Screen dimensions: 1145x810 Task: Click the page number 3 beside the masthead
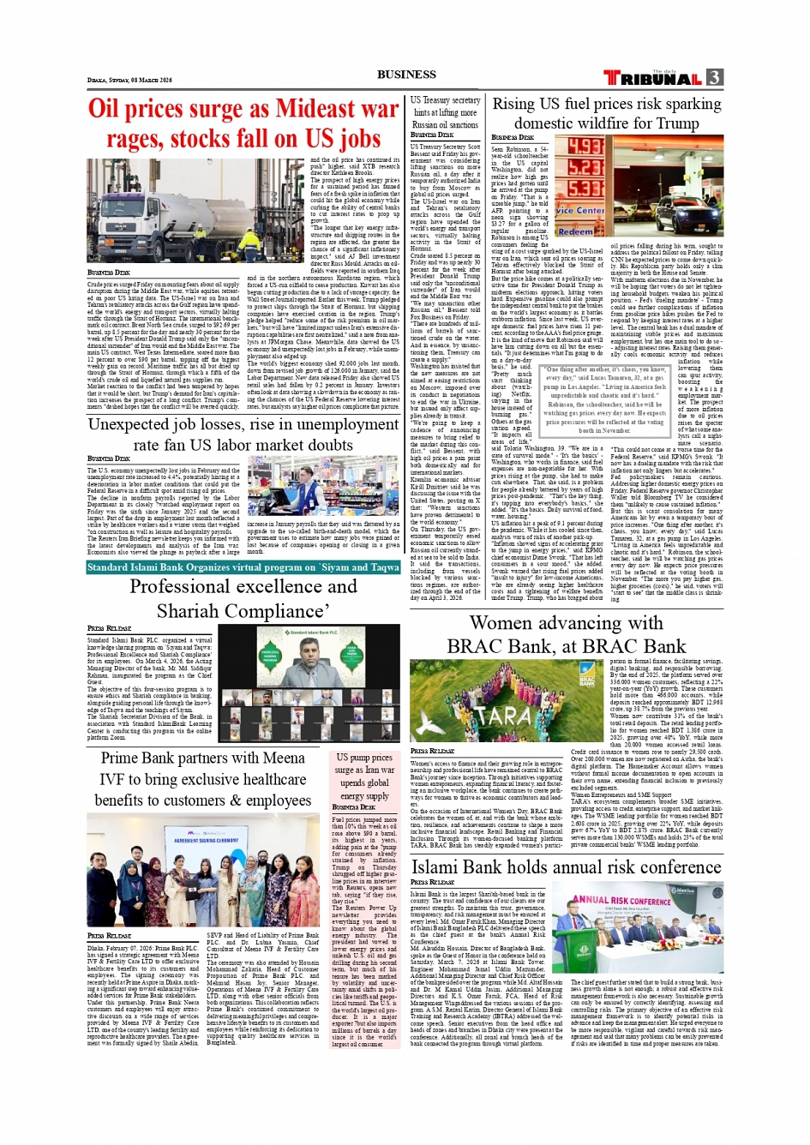point(714,77)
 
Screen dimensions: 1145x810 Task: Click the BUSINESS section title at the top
point(406,75)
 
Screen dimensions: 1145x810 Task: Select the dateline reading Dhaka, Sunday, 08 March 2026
point(129,81)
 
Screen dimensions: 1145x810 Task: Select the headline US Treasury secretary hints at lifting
point(445,112)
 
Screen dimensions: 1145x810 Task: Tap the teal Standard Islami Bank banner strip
point(243,567)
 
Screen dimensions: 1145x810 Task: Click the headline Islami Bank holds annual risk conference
point(566,867)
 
